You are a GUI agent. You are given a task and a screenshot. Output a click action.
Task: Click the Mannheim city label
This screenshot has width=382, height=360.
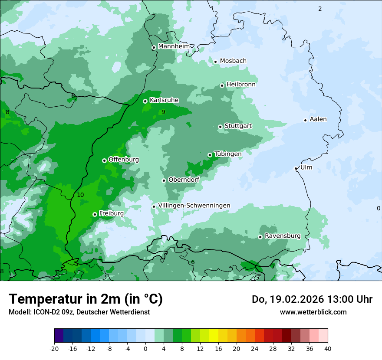(174, 46)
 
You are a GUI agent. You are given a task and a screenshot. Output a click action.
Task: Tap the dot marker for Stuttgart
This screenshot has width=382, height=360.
(220, 127)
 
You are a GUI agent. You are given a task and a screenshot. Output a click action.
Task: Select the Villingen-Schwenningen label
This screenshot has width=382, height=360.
(194, 206)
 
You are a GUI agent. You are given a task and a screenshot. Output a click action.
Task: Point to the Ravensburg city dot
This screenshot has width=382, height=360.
(260, 237)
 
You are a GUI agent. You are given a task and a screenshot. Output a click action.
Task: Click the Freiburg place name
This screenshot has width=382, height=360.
(111, 213)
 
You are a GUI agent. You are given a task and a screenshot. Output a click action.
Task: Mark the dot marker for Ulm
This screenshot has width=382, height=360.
(296, 168)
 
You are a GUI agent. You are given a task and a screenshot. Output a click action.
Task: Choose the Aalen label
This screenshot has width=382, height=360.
(318, 119)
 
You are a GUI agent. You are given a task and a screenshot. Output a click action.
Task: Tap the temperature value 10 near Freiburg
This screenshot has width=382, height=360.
(80, 195)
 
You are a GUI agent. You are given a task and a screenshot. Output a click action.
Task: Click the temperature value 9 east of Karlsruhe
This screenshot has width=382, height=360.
(163, 112)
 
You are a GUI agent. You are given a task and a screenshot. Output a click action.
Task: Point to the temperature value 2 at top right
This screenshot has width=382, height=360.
(320, 9)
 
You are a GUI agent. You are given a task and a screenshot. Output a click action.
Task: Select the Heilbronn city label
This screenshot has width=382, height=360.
(241, 85)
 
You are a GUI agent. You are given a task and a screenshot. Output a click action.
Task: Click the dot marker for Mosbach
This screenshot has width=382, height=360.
(215, 62)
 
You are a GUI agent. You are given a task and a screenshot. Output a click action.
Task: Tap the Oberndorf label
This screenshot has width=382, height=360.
(184, 180)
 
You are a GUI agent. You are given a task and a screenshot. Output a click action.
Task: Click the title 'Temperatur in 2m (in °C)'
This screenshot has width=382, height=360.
(86, 299)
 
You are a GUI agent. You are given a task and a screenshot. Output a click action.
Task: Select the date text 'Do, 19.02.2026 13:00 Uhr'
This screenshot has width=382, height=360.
(312, 299)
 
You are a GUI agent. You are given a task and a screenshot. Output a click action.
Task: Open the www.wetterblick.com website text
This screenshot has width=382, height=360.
(313, 312)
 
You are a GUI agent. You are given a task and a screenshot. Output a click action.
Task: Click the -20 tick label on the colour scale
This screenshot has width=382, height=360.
(54, 348)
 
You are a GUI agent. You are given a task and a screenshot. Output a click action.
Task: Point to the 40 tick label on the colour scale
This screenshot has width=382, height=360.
(328, 348)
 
